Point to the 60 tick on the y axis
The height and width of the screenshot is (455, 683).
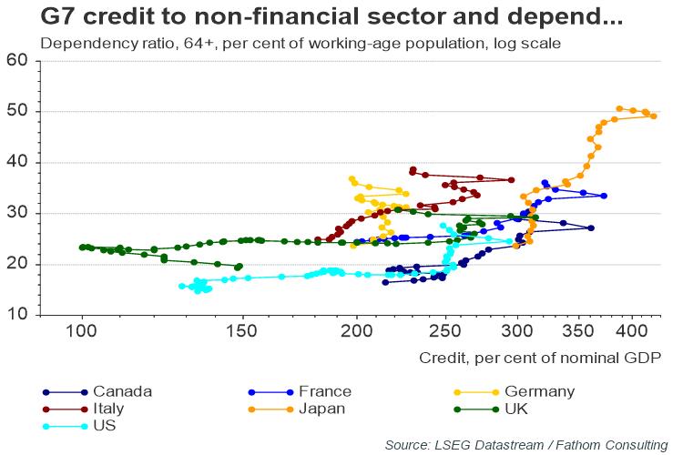[17, 61]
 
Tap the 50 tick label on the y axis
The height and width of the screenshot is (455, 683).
[17, 112]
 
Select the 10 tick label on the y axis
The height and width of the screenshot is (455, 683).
[17, 316]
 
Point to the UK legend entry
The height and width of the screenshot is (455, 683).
[515, 409]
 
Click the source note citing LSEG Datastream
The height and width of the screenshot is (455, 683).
[526, 444]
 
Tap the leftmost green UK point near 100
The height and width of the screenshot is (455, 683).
[82, 247]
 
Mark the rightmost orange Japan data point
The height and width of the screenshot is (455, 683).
[654, 116]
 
